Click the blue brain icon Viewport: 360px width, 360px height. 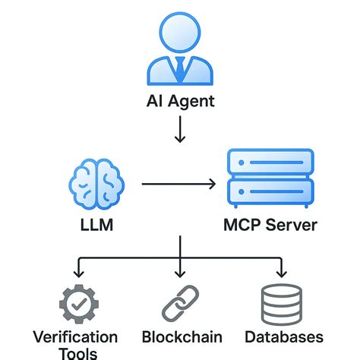tap(95, 185)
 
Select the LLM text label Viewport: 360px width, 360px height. tap(95, 226)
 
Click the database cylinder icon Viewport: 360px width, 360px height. tap(281, 303)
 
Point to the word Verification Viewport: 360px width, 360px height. tap(76, 336)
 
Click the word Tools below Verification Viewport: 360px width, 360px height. tap(76, 353)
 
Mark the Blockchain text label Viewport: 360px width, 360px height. tap(182, 336)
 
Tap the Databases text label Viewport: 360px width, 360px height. tap(284, 336)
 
